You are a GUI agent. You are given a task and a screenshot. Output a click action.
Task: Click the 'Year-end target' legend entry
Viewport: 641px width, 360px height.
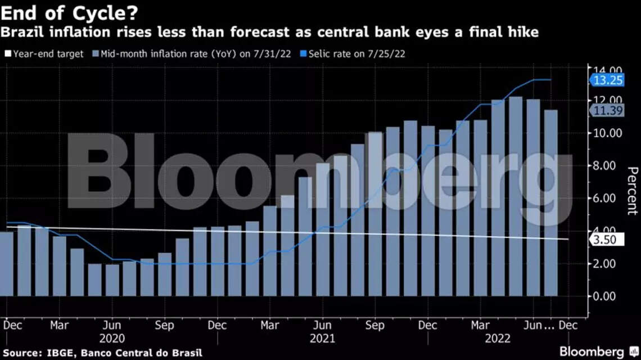[x=44, y=54]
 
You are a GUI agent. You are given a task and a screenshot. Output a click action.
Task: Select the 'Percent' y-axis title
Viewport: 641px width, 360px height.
[x=631, y=191]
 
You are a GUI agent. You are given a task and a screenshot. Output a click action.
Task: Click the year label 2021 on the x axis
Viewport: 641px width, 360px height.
[x=322, y=338]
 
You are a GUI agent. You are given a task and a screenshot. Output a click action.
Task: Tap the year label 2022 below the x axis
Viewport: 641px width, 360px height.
[x=496, y=338]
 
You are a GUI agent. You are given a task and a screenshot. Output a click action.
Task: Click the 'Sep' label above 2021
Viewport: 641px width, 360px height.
[x=374, y=325]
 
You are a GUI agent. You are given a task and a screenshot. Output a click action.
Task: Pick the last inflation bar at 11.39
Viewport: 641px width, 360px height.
[x=551, y=202]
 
